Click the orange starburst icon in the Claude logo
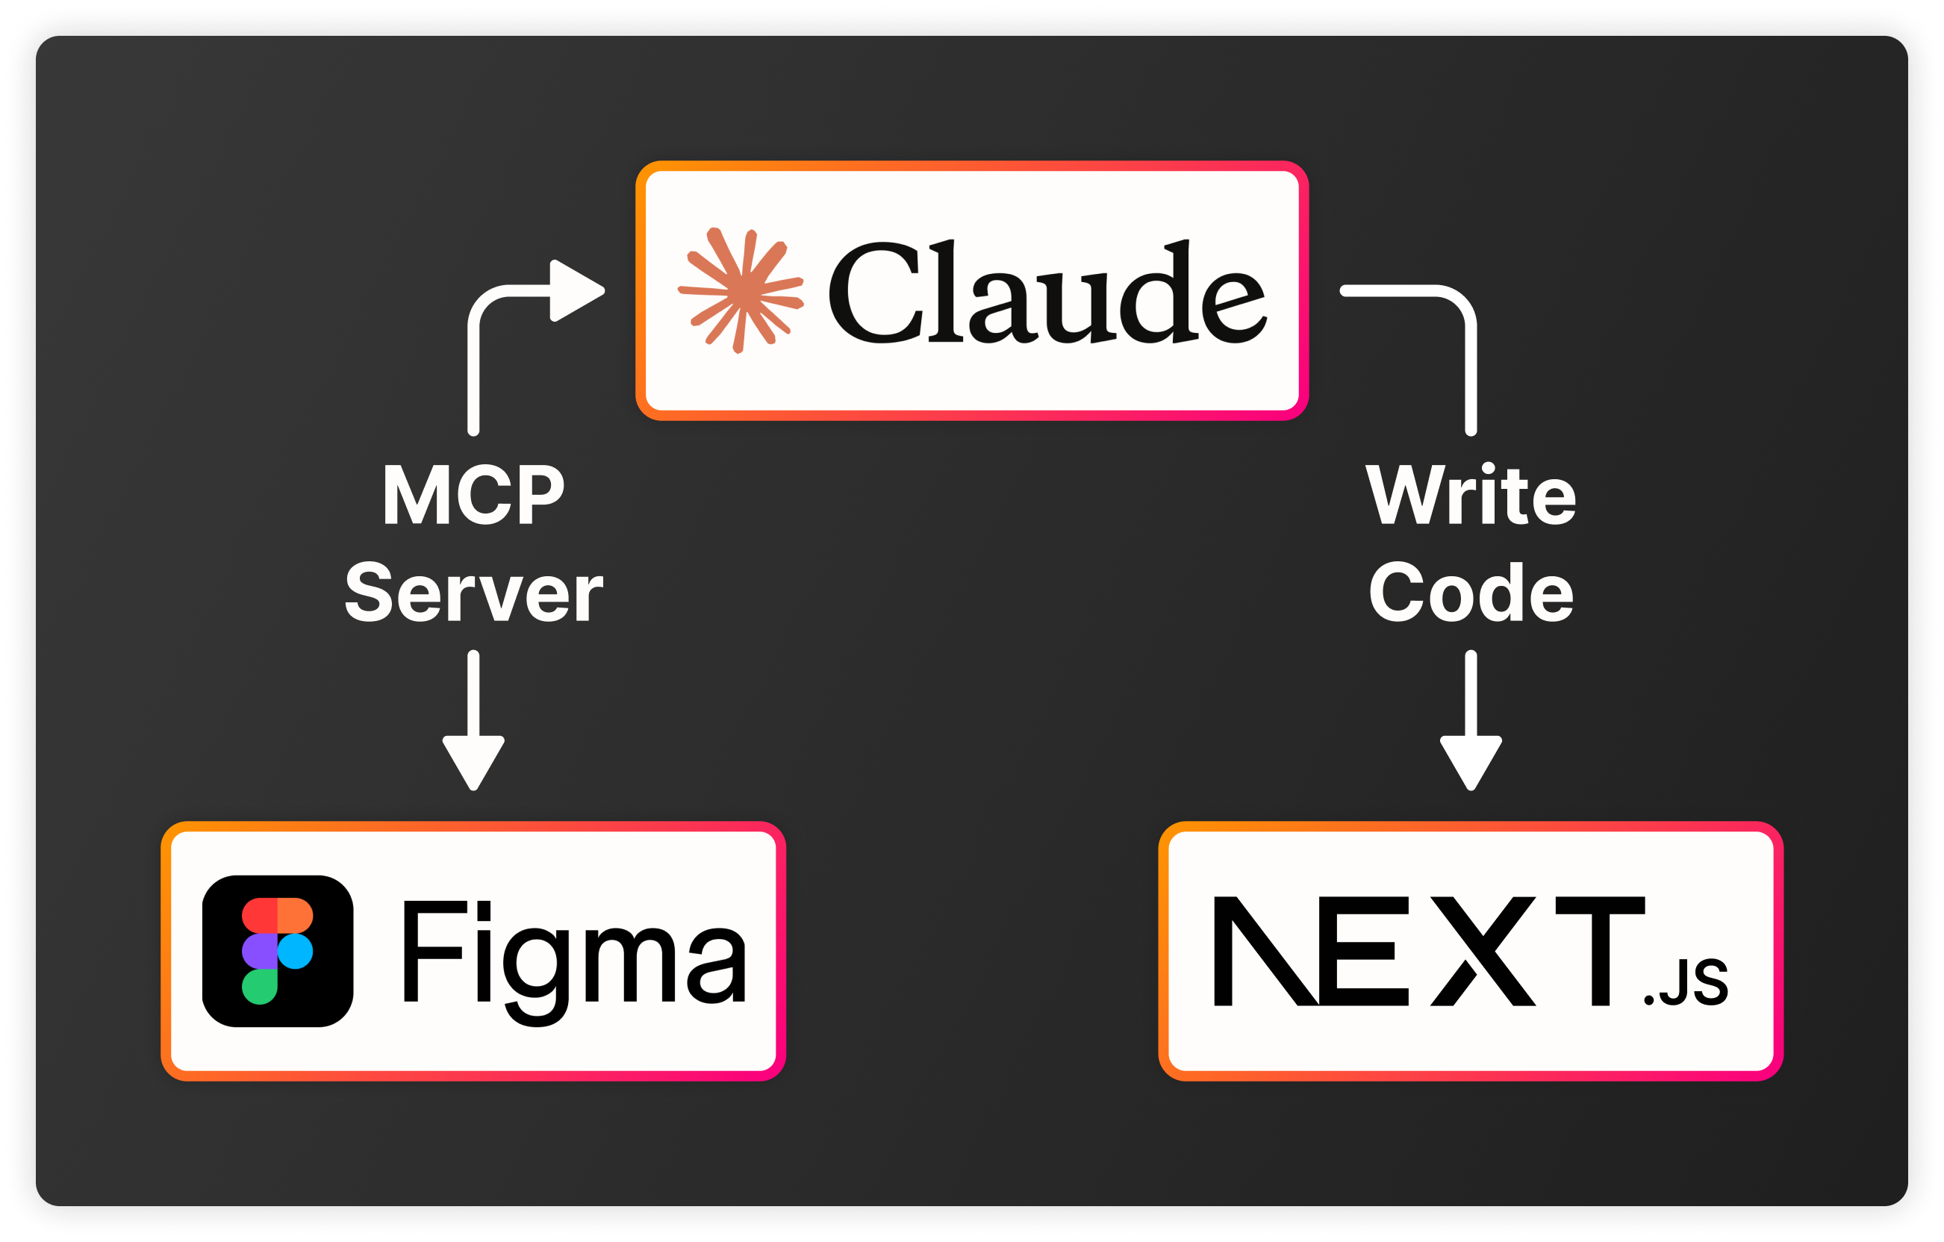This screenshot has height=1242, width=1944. (x=741, y=290)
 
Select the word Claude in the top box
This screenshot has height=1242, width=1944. (x=1047, y=292)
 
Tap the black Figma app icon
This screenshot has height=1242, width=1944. (x=278, y=951)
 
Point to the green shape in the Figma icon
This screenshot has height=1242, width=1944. (x=259, y=987)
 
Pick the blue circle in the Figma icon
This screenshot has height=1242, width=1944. (x=296, y=951)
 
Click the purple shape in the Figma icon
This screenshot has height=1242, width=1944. (x=259, y=951)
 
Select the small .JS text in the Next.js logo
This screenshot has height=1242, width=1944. (x=1686, y=982)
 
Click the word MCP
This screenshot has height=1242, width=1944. (x=473, y=496)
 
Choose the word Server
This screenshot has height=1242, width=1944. (x=473, y=593)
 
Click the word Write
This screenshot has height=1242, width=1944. (x=1471, y=496)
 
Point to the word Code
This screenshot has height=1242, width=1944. (x=1471, y=593)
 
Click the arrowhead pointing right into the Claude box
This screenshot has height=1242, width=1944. (x=575, y=290)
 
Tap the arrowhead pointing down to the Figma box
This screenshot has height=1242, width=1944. (x=473, y=761)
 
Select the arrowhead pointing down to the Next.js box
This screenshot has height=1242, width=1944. (x=1471, y=761)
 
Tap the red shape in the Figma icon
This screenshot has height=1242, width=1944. (x=259, y=914)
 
